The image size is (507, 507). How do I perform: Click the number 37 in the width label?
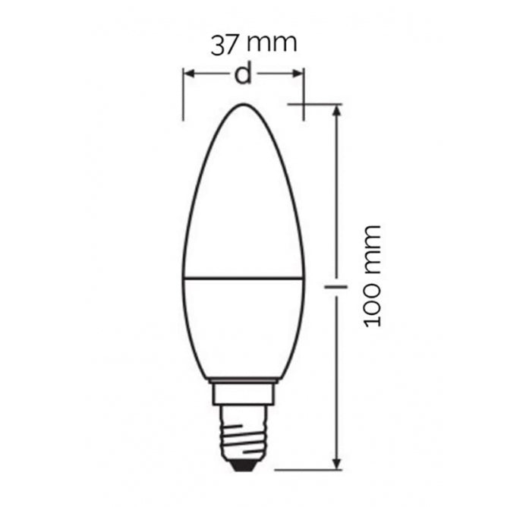(x=225, y=45)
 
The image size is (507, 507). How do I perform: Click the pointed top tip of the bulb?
(x=244, y=105)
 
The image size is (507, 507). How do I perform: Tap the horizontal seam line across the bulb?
(x=244, y=278)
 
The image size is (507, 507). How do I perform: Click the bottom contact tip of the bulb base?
(x=244, y=464)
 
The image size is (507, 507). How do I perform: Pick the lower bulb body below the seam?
(x=244, y=326)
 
